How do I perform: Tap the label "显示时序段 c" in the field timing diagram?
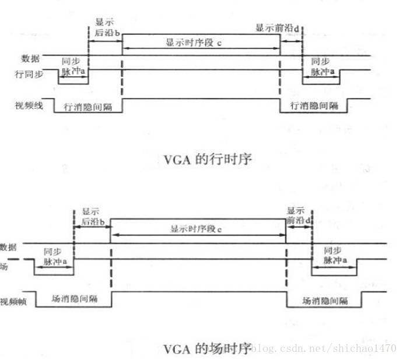pos(197,230)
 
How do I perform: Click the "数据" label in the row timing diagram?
pos(30,58)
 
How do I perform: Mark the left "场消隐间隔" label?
pos(75,298)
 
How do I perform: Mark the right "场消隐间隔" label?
pos(325,301)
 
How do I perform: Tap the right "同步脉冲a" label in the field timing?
pos(334,255)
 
